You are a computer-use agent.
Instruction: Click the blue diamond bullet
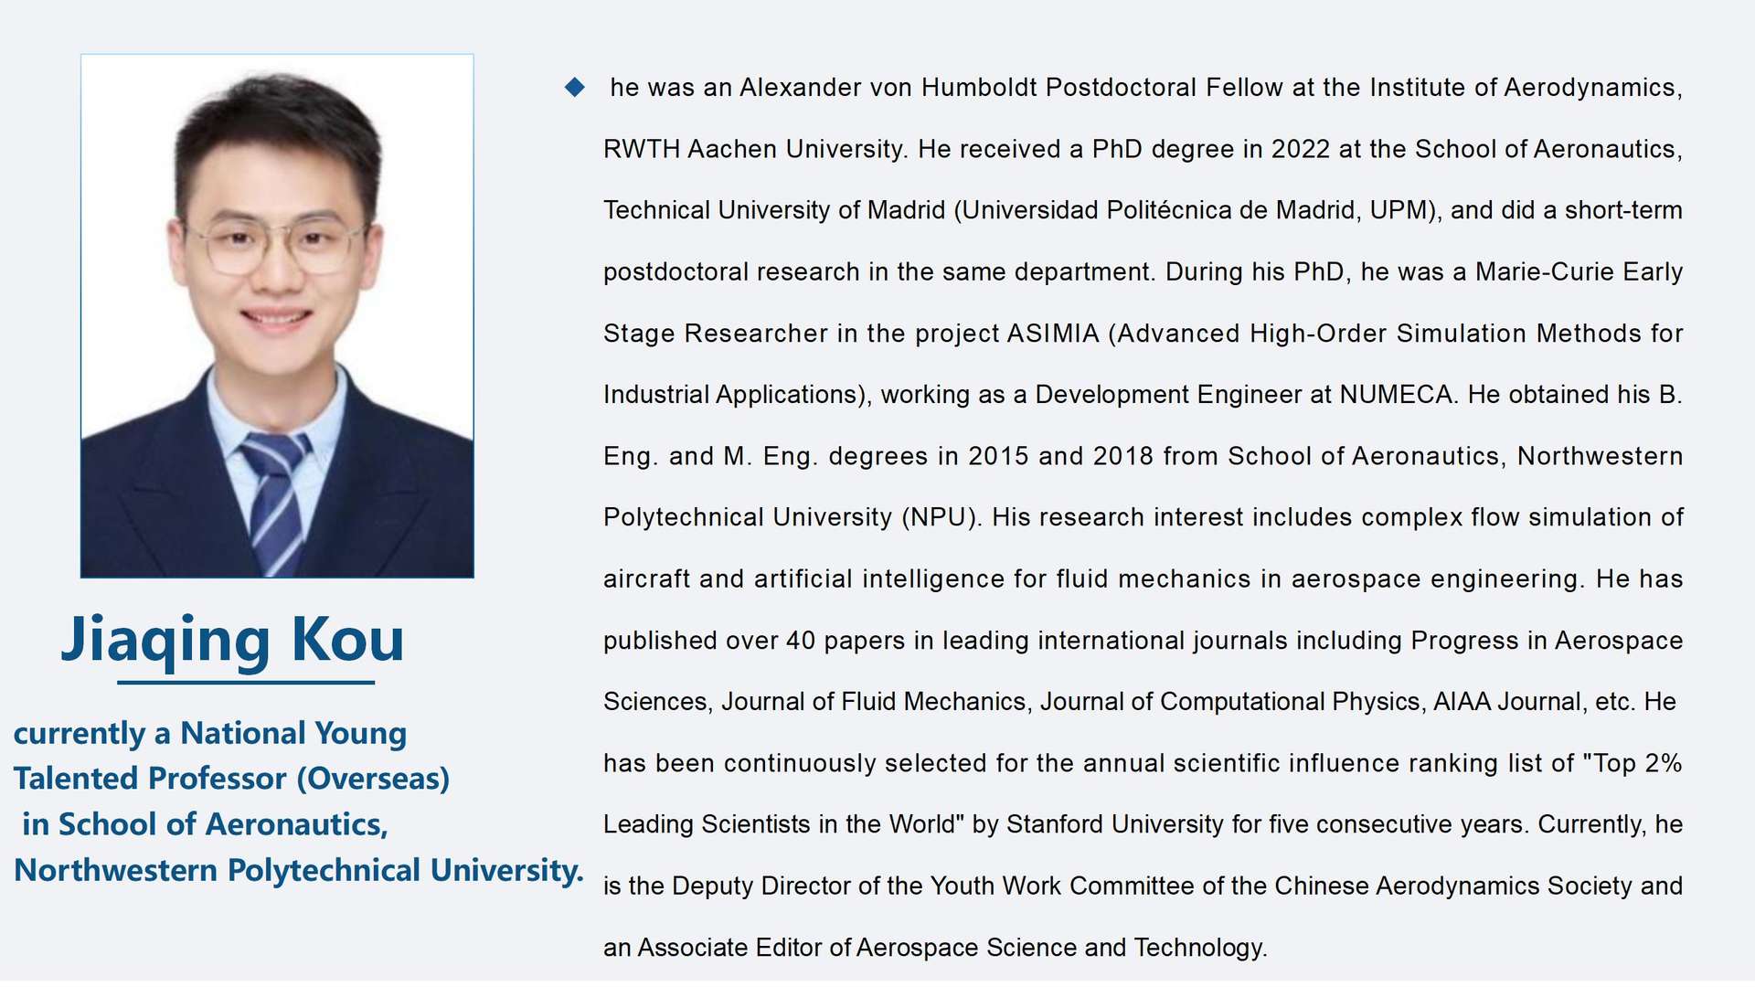575,88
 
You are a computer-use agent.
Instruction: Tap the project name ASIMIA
1053,334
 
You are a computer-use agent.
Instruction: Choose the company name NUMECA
1398,395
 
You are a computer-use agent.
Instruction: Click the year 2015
998,456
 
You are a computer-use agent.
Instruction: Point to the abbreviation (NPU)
941,517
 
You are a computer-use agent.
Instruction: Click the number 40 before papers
800,641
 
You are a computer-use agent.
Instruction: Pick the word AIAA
1462,702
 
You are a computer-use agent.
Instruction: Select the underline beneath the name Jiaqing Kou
246,682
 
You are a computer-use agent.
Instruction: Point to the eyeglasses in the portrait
274,244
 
